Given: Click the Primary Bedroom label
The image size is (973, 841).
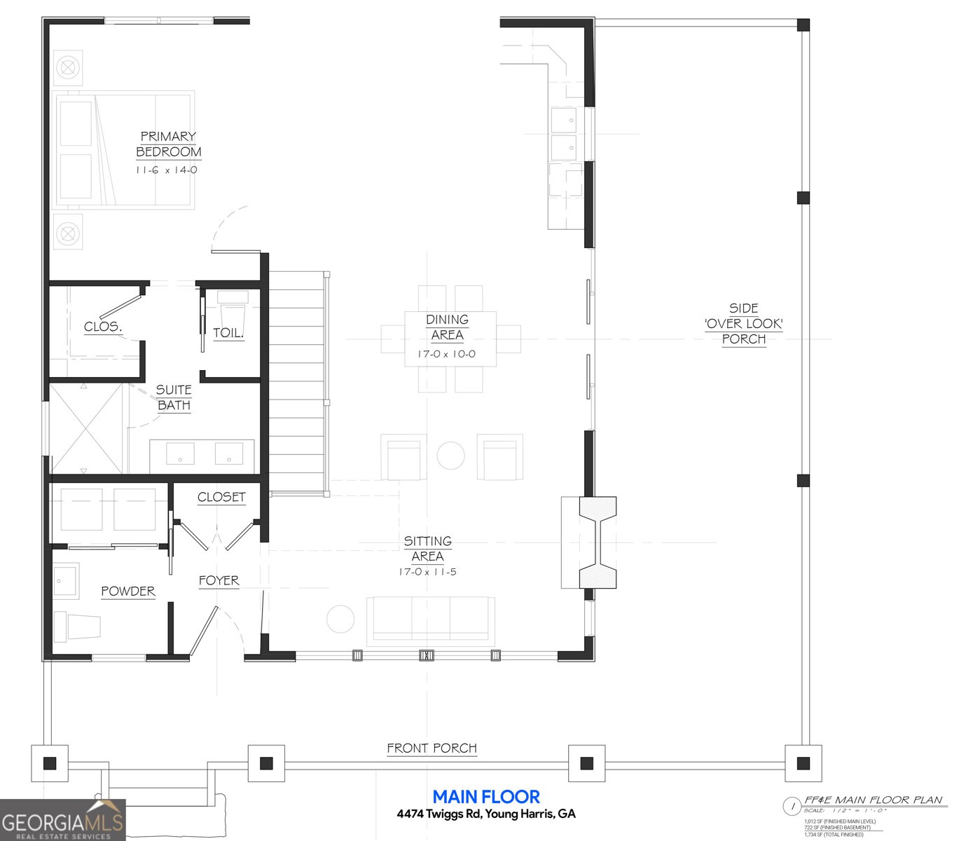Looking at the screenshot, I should pos(168,144).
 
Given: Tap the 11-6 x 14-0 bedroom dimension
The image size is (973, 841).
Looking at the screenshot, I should pos(167,170).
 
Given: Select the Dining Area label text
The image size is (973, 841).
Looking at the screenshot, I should pos(447,327).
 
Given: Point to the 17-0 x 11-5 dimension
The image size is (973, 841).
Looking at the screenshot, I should pos(427,572).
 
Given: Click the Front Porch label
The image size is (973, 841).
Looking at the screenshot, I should pos(432,748).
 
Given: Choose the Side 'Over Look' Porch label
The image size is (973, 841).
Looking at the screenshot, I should pos(743,324).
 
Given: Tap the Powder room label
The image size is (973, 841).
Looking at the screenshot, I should pos(128,592).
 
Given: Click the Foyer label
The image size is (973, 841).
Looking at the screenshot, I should pos(219,581).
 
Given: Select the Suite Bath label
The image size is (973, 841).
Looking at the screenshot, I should pos(174,397).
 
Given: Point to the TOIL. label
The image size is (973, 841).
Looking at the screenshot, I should pos(228,333).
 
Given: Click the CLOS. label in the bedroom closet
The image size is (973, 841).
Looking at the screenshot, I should pos(103,327).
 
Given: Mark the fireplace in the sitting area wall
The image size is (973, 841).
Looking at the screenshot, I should pos(597,542).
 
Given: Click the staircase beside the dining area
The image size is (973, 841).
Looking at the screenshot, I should pos(298,382).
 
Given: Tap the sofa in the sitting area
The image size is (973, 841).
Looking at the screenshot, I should pos(431,619).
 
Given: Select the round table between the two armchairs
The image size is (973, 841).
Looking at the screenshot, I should pos(450,456).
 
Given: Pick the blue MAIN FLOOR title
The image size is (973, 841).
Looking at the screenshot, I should pos(486,797).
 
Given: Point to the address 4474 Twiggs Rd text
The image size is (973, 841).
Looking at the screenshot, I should pos(486,814).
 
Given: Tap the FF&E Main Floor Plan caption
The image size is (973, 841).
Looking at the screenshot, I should pos(873,800).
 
